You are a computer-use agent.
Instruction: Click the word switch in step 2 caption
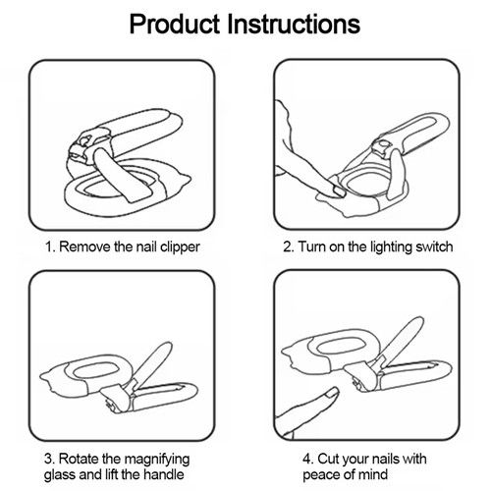tap(432, 246)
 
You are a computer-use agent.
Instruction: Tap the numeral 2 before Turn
tap(288, 246)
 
